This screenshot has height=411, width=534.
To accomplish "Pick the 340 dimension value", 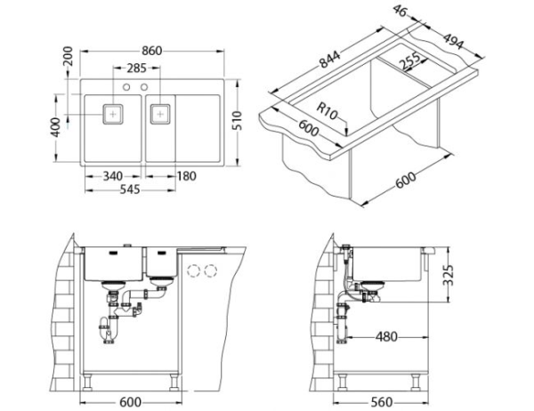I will click(112, 176).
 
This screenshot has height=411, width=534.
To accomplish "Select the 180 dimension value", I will click(187, 176).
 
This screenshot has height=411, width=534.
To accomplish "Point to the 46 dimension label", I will click(401, 11).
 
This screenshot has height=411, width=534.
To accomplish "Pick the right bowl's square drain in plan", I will click(160, 114).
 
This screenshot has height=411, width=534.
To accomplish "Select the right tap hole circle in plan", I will click(145, 88).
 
